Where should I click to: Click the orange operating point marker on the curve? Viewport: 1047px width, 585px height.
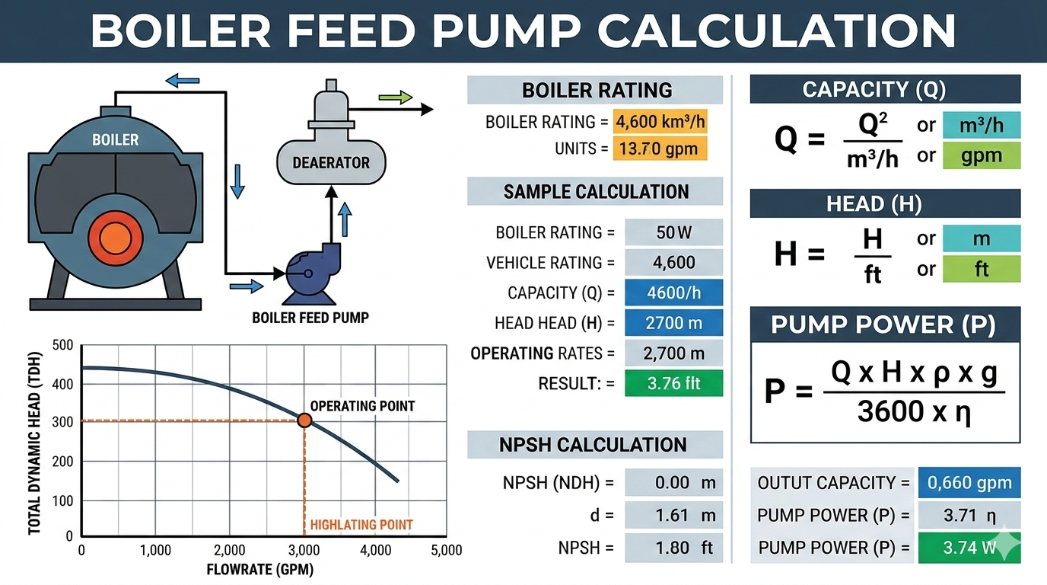tap(304, 420)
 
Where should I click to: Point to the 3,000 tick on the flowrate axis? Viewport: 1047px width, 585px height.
tap(304, 550)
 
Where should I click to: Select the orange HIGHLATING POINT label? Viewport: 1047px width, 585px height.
tap(361, 525)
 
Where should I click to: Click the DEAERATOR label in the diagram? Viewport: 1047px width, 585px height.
tap(331, 162)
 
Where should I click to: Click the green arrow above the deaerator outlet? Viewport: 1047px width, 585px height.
tap(395, 97)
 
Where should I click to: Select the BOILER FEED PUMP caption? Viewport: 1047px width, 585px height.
tap(310, 317)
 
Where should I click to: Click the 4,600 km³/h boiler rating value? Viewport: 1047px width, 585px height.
tap(660, 122)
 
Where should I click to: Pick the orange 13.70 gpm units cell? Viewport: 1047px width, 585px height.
tap(660, 148)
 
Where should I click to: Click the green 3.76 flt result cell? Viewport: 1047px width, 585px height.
tap(673, 383)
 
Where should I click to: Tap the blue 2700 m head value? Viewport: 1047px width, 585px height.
tap(673, 323)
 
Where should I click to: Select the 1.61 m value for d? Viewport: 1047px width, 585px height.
tap(673, 515)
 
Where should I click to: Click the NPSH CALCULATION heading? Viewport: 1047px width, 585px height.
tap(594, 445)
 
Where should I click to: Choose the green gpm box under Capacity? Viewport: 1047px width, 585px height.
tap(981, 155)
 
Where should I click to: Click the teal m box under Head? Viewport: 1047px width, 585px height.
tap(981, 238)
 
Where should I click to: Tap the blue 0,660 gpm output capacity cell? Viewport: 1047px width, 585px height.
tap(969, 482)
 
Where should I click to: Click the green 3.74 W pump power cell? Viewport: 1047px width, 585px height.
tap(969, 547)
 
